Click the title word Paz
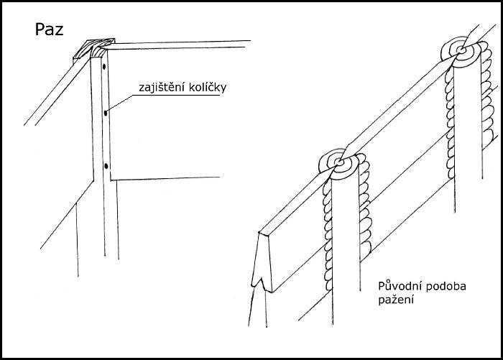(49, 29)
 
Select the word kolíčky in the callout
(206, 87)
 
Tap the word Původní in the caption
(399, 286)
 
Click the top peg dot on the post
(104, 67)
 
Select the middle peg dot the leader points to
(106, 113)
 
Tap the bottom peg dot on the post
(106, 166)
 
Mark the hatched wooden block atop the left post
(93, 49)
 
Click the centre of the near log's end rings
(338, 162)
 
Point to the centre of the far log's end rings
(461, 50)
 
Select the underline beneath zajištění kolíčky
(177, 96)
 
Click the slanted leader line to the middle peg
(119, 103)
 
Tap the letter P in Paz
(39, 29)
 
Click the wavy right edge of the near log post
(365, 206)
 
